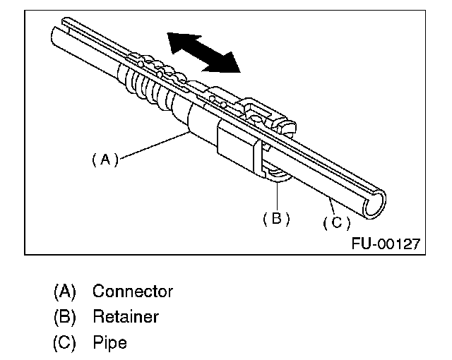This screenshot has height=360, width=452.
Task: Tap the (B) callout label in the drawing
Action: click(x=276, y=218)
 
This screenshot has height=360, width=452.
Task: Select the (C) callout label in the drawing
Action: click(x=337, y=222)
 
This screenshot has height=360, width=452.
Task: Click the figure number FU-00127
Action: click(x=386, y=244)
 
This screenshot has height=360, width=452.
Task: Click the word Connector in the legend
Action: click(x=133, y=291)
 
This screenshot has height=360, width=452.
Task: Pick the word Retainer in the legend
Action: click(x=126, y=317)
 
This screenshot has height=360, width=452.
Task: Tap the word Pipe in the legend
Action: click(x=109, y=343)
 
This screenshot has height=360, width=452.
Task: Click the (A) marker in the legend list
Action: click(x=64, y=291)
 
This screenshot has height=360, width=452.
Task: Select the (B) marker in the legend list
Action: click(x=64, y=317)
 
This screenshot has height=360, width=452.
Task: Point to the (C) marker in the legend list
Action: click(x=64, y=343)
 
